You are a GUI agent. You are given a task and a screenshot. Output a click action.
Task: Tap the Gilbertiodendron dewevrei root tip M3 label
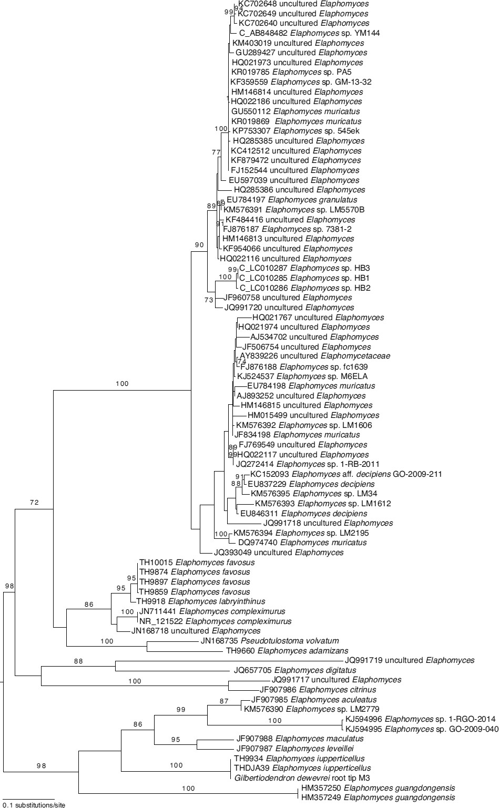pos(302,778)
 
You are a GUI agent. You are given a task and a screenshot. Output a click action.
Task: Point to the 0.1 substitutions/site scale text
pos(34,804)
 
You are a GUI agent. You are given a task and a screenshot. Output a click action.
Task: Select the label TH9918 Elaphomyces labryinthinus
pos(200,601)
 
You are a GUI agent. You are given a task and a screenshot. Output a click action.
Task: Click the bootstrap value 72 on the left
pos(35,503)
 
